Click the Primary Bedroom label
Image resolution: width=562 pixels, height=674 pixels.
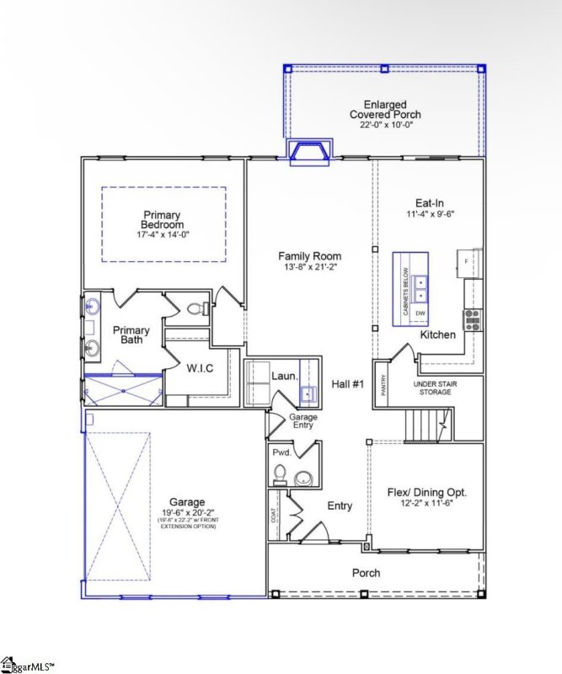point(163,220)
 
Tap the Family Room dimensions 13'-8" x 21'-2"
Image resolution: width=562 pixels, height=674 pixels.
point(309,268)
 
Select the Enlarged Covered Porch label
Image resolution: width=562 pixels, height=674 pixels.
point(385,109)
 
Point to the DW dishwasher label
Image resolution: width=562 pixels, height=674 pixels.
point(420,313)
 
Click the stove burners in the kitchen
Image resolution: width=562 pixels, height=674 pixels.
point(472,318)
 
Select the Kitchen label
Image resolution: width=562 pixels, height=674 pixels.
point(438,334)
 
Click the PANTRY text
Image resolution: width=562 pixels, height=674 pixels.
point(384,386)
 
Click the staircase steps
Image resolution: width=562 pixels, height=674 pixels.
point(424,422)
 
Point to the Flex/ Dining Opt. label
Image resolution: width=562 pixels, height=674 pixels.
point(426,492)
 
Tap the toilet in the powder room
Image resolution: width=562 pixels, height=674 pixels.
point(302,479)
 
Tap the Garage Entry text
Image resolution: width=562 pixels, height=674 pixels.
point(302,421)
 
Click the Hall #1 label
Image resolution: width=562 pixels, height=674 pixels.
point(346,384)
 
